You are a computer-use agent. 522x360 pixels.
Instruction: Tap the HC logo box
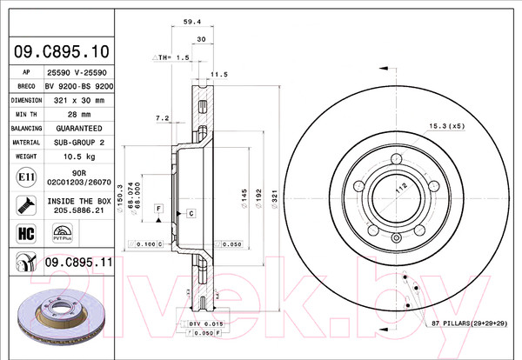pos(26,232)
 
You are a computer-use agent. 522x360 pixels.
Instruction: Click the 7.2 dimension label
pos(162,117)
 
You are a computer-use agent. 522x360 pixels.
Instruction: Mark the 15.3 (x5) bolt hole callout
pos(443,127)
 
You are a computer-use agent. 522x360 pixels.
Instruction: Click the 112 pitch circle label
pos(402,186)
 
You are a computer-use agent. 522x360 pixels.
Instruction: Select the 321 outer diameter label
pos(275,199)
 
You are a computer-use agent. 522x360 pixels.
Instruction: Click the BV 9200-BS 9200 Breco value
pos(78,86)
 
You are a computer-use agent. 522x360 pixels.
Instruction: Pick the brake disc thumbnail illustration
pos(54,315)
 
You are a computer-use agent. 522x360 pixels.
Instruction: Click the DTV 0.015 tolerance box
pos(207,323)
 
